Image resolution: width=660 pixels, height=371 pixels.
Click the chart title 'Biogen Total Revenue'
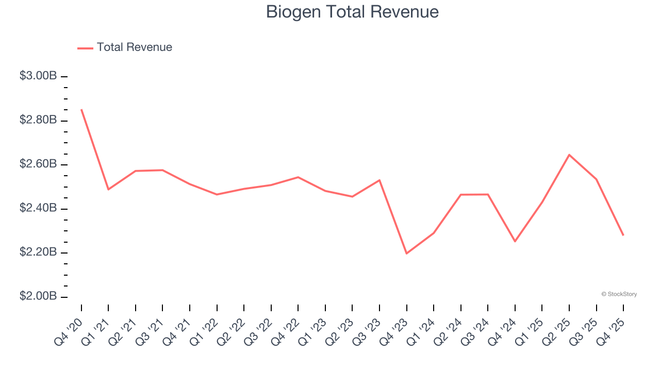[x=352, y=12]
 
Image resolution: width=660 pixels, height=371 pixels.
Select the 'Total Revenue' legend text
[x=134, y=47]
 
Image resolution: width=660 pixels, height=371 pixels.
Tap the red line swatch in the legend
[x=85, y=48]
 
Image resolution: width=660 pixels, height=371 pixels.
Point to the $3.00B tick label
[x=38, y=76]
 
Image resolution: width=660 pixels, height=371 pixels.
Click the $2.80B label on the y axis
[x=38, y=120]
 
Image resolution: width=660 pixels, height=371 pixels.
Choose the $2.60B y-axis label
[x=38, y=164]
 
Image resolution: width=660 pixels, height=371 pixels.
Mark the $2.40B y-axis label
[x=38, y=208]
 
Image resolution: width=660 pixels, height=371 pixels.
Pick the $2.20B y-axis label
[x=38, y=252]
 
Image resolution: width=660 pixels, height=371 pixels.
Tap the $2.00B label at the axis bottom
[x=38, y=297]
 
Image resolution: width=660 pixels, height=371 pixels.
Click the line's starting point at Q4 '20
[x=81, y=109]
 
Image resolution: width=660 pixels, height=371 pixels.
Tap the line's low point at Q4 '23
[x=406, y=254]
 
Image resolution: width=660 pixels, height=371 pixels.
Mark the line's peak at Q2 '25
[x=569, y=155]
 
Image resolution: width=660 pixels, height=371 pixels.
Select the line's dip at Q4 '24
[x=515, y=241]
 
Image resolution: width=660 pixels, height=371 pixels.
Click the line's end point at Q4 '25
[x=623, y=235]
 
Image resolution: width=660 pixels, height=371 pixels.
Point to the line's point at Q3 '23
[x=379, y=180]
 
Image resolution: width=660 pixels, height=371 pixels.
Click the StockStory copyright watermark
[x=619, y=294]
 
